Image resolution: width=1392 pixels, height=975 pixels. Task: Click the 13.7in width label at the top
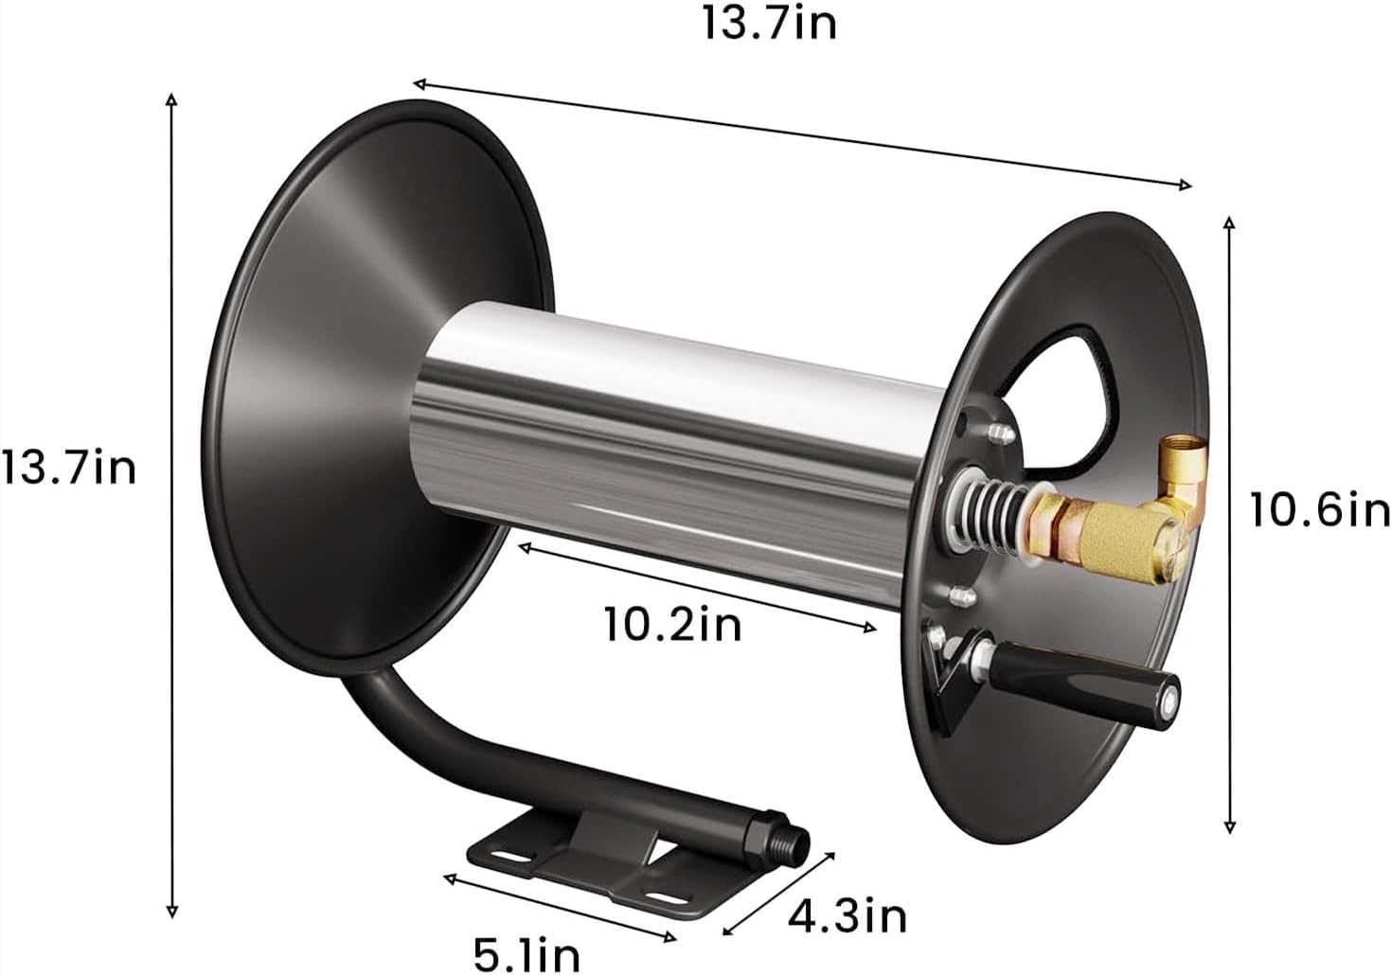click(x=768, y=24)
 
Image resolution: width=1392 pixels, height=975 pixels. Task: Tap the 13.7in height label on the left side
click(x=68, y=468)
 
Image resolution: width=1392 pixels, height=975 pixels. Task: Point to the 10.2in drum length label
click(x=672, y=625)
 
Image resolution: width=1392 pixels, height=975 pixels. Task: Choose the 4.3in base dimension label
click(x=848, y=915)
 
